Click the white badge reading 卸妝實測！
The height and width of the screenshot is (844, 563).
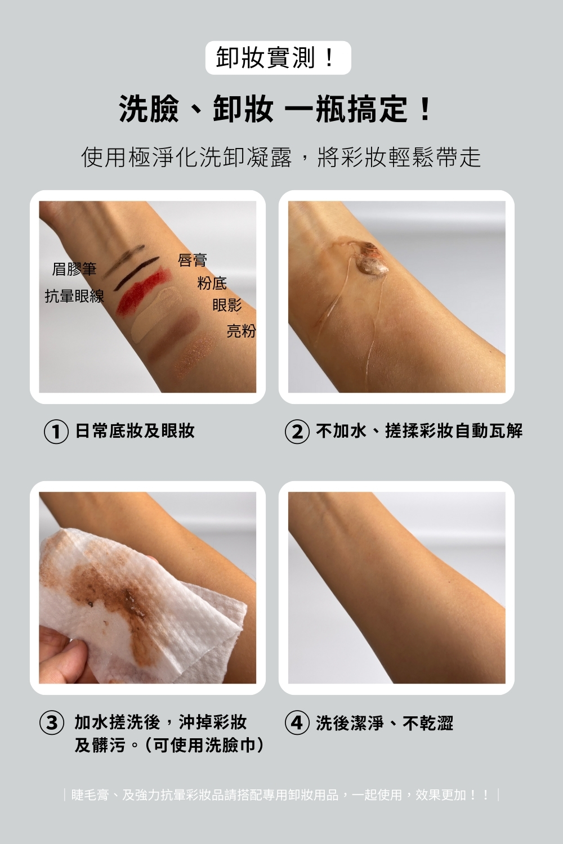tap(278, 57)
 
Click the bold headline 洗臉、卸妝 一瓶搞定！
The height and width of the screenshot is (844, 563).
tap(275, 109)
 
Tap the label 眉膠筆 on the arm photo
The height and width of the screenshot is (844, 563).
tap(74, 269)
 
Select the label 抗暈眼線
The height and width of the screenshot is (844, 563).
tap(74, 296)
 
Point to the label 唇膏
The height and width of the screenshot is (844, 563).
tap(193, 260)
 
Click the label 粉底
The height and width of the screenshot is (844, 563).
tap(212, 283)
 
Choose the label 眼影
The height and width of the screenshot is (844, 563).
tap(227, 305)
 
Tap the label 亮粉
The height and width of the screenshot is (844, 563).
tap(242, 331)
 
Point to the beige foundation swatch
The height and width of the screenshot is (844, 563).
tap(155, 315)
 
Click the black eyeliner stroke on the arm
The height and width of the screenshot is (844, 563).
tap(136, 272)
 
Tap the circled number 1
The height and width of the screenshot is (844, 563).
tap(56, 432)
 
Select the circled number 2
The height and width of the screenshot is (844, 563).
tap(297, 432)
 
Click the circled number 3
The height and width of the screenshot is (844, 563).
tap(52, 723)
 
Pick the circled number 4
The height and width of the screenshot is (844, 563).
tap(297, 723)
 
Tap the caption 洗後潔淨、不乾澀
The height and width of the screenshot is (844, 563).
tap(385, 723)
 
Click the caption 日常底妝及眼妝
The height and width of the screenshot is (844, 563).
tap(135, 430)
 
